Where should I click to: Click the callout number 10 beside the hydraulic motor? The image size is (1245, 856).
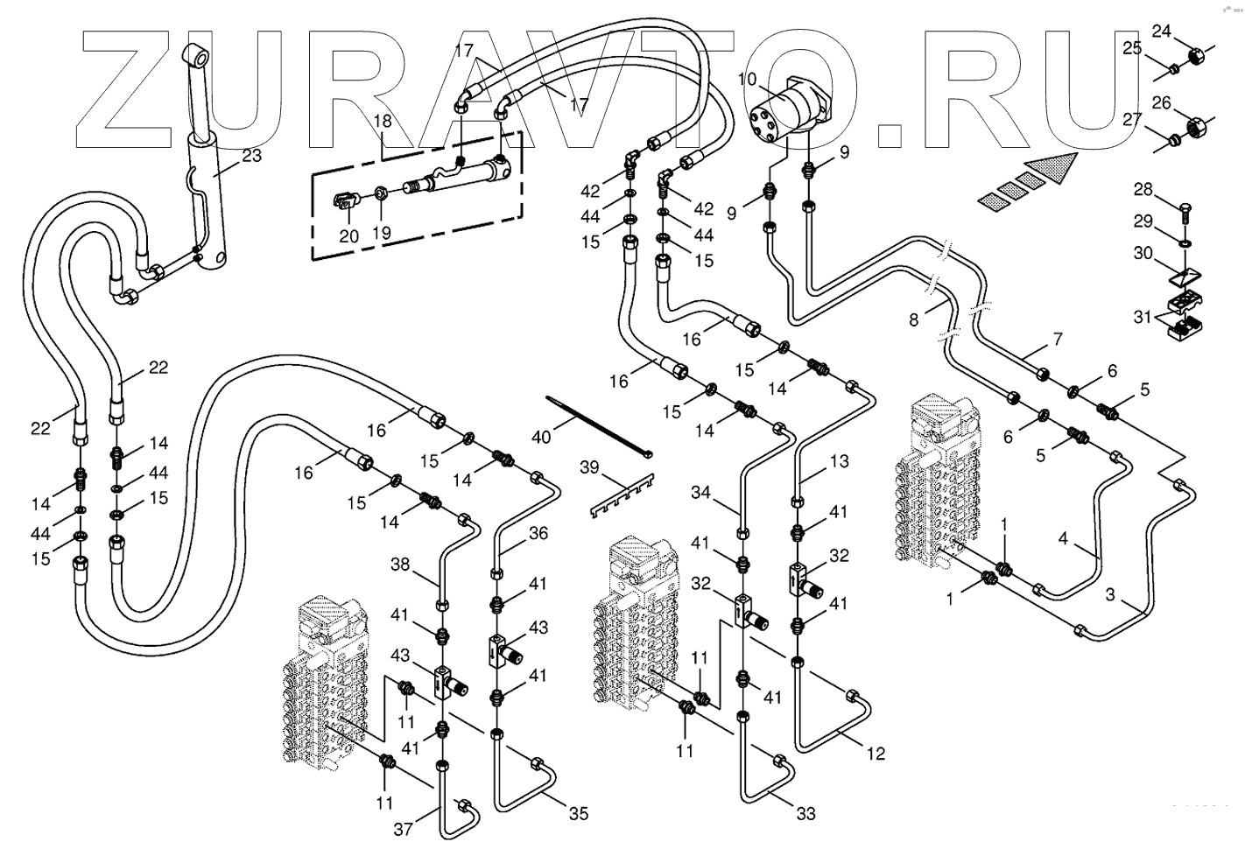point(747,80)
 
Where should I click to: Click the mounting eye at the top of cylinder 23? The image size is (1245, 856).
point(199,59)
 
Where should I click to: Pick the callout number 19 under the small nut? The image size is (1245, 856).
point(381,234)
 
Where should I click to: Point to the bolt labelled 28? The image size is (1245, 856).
point(1184,211)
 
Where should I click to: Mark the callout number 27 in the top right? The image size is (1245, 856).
point(1132,120)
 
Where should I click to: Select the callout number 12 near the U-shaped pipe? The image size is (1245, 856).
point(876,753)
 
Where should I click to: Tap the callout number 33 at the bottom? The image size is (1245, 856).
point(805,814)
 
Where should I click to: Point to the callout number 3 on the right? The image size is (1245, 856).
point(1110,595)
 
